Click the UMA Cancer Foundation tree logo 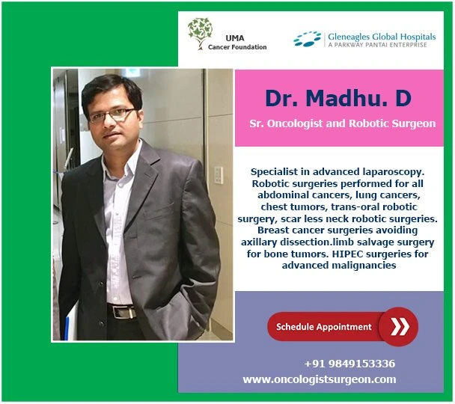coord(200,34)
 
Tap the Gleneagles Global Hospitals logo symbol coord(308,39)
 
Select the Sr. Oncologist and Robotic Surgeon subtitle coord(342,123)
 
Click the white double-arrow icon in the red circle coord(398,327)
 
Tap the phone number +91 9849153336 coord(349,364)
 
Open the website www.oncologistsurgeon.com coord(320,379)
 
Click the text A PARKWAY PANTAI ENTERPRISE coord(377,45)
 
